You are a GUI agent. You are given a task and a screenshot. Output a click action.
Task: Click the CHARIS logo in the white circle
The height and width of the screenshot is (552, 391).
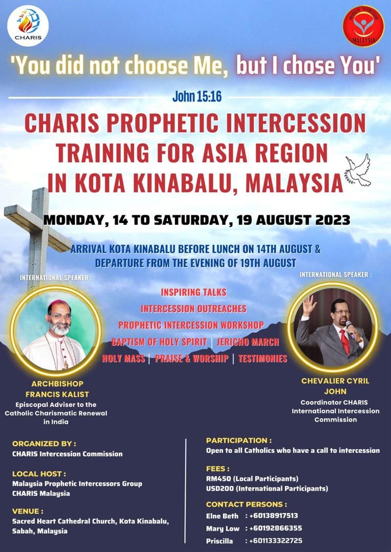pyautogui.click(x=28, y=26)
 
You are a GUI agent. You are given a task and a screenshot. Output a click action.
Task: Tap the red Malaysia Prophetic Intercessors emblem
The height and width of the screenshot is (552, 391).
pyautogui.click(x=363, y=26)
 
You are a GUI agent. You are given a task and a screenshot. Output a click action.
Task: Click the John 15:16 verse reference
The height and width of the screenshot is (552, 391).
pyautogui.click(x=197, y=97)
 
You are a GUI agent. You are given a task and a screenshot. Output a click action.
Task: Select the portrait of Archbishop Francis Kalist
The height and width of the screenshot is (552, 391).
pyautogui.click(x=55, y=331)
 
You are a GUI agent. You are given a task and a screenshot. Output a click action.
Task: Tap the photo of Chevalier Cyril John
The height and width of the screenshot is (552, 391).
pyautogui.click(x=333, y=327)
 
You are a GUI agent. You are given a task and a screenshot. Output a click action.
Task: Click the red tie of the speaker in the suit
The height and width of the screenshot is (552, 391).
pyautogui.click(x=345, y=341)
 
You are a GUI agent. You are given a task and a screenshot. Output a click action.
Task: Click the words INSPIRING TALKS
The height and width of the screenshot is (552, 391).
pyautogui.click(x=193, y=292)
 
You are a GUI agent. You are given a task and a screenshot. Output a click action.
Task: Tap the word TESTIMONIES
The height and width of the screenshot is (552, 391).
pyautogui.click(x=263, y=359)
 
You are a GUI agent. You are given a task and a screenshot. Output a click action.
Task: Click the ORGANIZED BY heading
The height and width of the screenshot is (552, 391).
pyautogui.click(x=44, y=444)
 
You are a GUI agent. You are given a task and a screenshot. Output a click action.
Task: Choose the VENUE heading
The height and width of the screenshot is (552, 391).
pyautogui.click(x=28, y=511)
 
